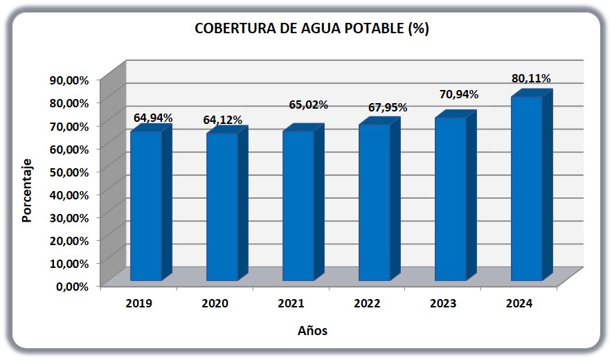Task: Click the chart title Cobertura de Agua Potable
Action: (312, 28)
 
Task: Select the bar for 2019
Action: (151, 202)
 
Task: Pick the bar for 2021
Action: (303, 202)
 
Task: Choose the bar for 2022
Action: (379, 199)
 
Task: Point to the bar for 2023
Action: (456, 195)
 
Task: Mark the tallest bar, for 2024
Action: (532, 185)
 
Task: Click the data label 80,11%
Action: (531, 78)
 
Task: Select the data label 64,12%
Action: (222, 120)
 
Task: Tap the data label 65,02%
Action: (308, 105)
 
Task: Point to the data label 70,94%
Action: (459, 94)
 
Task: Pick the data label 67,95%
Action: (388, 107)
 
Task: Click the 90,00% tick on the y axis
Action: (69, 80)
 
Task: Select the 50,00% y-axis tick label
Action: (69, 172)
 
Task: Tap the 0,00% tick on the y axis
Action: (73, 287)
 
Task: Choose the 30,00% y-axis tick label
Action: (69, 218)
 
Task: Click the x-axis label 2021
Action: (291, 303)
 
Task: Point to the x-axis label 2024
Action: (519, 303)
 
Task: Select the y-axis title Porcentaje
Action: (26, 191)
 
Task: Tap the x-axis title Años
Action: (313, 331)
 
